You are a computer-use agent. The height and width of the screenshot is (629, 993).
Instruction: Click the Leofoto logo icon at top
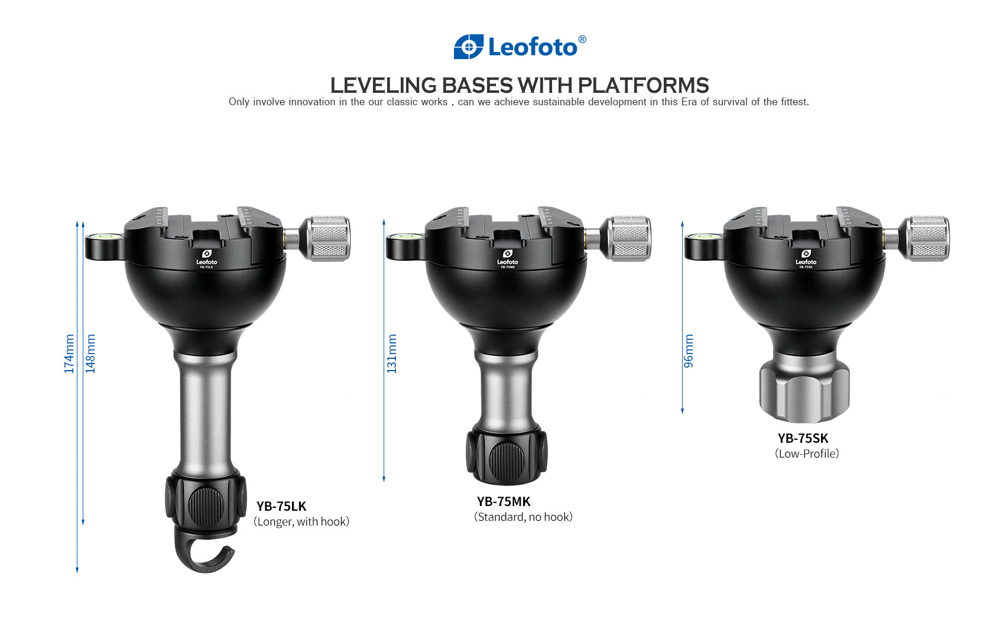pyautogui.click(x=468, y=47)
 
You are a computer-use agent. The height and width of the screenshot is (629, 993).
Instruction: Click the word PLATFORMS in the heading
pyautogui.click(x=643, y=86)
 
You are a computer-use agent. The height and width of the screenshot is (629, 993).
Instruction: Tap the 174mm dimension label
pyautogui.click(x=69, y=354)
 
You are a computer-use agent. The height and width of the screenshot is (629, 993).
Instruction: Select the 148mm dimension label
pyautogui.click(x=90, y=354)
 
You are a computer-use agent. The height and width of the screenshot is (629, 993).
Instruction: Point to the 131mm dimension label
pyautogui.click(x=392, y=354)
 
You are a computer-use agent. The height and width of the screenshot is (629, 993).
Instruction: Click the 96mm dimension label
pyautogui.click(x=689, y=351)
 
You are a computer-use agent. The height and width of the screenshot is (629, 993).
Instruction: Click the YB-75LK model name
pyautogui.click(x=281, y=506)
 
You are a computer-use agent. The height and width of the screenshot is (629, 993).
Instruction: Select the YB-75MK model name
pyautogui.click(x=504, y=501)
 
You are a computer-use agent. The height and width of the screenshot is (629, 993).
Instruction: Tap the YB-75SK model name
pyautogui.click(x=803, y=438)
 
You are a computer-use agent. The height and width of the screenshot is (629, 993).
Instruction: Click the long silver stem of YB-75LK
pyautogui.click(x=206, y=414)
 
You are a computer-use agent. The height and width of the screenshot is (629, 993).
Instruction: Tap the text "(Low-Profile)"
pyautogui.click(x=807, y=453)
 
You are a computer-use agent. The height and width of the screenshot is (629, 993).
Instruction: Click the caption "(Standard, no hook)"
pyautogui.click(x=523, y=517)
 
